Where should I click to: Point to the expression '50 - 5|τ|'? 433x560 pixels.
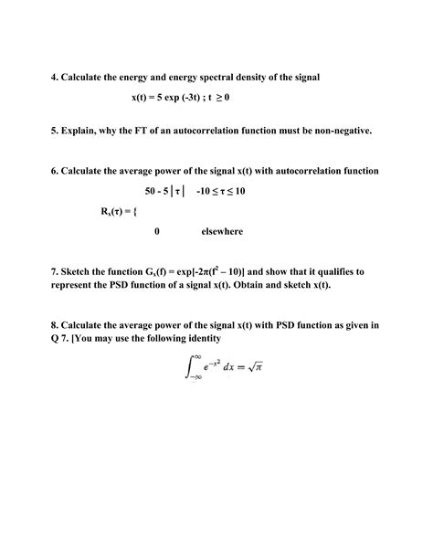point(164,191)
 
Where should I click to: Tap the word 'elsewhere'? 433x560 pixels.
point(222,231)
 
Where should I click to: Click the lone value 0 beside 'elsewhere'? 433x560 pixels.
point(157,231)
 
